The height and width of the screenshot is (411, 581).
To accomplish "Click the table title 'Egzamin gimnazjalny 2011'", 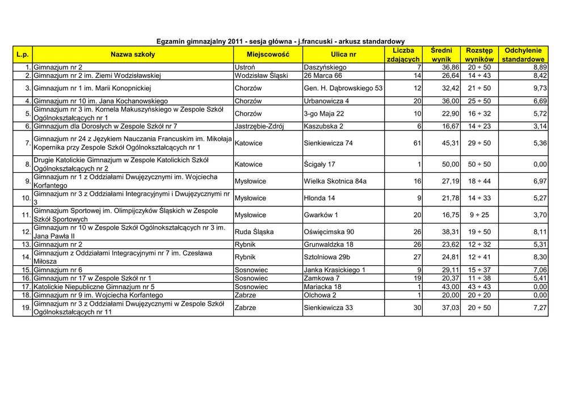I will (x=280, y=41).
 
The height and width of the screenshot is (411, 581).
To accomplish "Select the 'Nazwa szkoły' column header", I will (x=132, y=54).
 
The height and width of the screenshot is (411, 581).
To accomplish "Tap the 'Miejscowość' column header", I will (x=268, y=54).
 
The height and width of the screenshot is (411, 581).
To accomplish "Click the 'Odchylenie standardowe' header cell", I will (x=523, y=54).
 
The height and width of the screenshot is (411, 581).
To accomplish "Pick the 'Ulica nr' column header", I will (x=343, y=54).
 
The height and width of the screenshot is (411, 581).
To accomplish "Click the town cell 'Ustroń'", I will (x=245, y=67).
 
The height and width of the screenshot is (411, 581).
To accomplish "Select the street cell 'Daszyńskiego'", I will (x=325, y=67).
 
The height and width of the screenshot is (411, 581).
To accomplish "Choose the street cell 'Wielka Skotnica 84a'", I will (x=335, y=181).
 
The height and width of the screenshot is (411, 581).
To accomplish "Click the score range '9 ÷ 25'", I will (x=479, y=215).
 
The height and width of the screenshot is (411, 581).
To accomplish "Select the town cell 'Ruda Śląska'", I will (x=254, y=232).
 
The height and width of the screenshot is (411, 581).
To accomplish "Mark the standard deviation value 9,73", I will (x=540, y=88).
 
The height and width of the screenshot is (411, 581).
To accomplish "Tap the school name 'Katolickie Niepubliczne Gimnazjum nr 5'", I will (x=94, y=287).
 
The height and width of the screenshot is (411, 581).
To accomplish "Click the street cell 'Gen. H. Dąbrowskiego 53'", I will (x=343, y=88).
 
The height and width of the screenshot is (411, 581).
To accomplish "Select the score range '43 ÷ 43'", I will (x=479, y=287).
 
